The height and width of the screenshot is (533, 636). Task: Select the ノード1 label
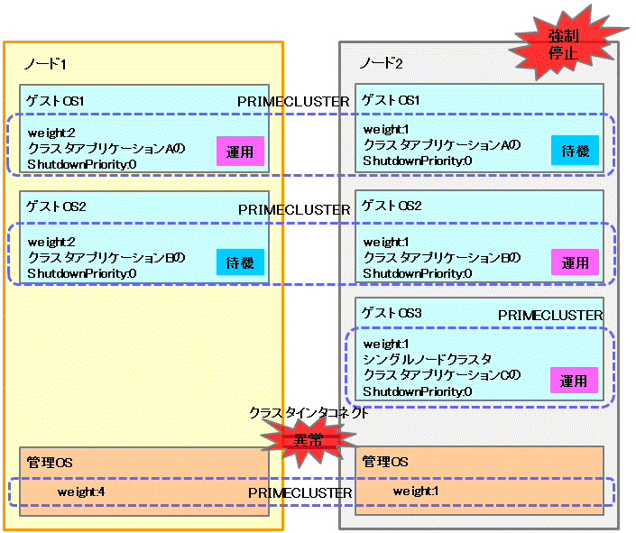(x=45, y=64)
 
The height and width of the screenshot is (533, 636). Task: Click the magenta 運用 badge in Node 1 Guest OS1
(x=240, y=152)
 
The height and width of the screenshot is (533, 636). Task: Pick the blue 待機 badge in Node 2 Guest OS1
(x=575, y=152)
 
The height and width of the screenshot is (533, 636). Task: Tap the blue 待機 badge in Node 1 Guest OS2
(x=240, y=262)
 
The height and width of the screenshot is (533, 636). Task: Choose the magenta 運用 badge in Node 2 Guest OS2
(x=575, y=262)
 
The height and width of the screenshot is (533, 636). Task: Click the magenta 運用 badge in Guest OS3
(x=575, y=381)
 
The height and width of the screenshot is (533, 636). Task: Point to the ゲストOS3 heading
(x=391, y=312)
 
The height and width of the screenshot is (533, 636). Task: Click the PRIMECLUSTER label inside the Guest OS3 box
(x=550, y=315)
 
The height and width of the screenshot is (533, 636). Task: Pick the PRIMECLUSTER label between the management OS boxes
(x=300, y=492)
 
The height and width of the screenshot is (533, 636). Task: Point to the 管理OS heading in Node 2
(x=385, y=462)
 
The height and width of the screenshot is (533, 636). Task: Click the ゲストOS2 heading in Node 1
(x=56, y=207)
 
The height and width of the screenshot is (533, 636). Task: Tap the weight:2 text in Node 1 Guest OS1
(x=51, y=133)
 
